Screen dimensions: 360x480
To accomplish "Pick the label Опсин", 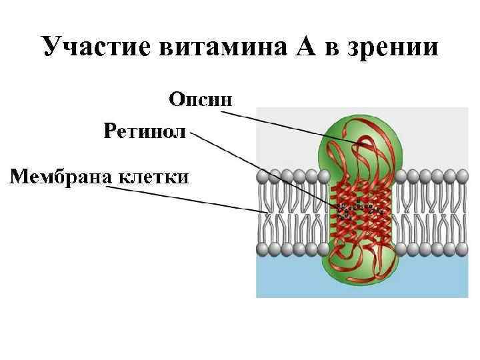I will coord(201,100).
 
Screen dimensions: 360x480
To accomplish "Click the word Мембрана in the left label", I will coord(61,177).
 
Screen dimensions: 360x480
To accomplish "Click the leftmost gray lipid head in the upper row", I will coord(263,176).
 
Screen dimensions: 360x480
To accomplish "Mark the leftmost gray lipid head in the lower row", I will coord(263,250).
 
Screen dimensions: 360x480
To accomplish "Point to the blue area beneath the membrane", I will coord(287,280).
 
